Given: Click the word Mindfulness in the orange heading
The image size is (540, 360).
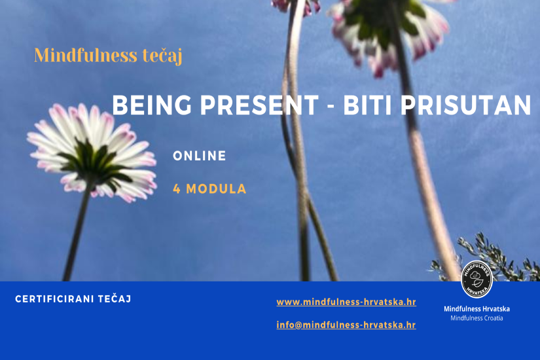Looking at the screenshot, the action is (x=85, y=55).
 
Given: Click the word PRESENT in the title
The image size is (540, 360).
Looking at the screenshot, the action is (x=260, y=105).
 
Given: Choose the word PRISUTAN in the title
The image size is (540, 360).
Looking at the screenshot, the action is (x=466, y=105).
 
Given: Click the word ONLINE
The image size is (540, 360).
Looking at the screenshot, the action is (x=200, y=156).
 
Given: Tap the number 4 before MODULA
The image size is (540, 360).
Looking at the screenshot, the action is (x=177, y=189).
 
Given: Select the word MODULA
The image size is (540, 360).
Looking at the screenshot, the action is (x=216, y=189).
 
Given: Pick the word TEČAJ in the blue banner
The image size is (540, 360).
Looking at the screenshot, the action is (x=115, y=298).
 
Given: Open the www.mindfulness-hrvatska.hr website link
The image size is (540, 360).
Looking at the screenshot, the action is (x=346, y=302).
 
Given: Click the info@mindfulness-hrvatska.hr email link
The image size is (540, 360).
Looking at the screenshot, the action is (x=346, y=325).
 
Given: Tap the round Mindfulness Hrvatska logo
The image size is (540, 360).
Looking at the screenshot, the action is (x=477, y=279).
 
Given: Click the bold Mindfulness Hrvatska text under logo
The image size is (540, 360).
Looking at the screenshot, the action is (x=477, y=309).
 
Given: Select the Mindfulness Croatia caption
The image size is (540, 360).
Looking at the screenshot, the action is (x=477, y=318).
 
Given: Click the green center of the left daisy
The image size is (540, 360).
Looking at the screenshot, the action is (x=92, y=162).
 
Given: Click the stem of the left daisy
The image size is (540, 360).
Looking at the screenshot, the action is (x=77, y=234).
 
